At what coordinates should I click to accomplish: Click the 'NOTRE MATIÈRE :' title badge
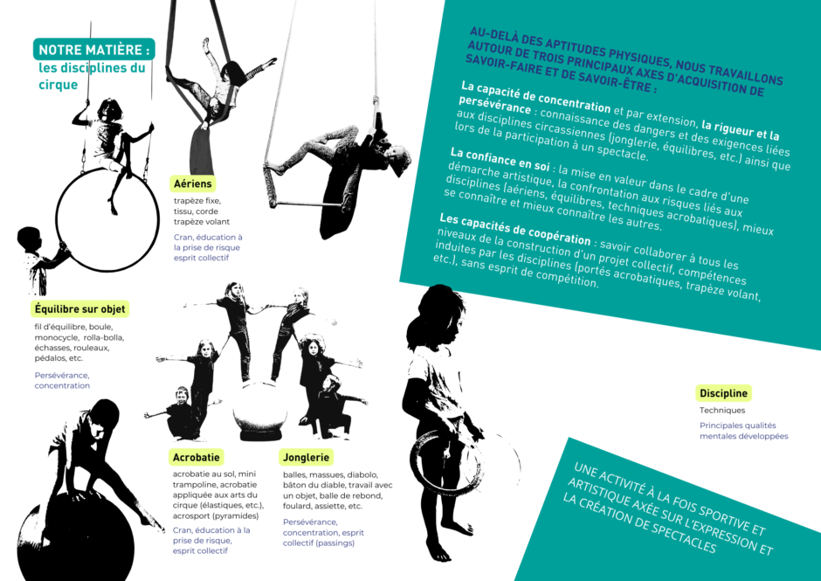tap(94, 49)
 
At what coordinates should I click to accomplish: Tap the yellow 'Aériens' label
tap(193, 183)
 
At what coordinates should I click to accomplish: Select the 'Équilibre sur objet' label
tap(79, 309)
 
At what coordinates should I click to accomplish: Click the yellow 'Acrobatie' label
tap(197, 457)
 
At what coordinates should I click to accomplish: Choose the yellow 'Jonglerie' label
tap(307, 457)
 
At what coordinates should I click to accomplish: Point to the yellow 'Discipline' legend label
tap(723, 393)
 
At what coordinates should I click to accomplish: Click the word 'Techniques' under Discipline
tap(722, 411)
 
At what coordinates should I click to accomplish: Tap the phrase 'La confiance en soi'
tap(500, 159)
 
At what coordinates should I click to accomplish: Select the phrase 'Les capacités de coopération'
tap(515, 229)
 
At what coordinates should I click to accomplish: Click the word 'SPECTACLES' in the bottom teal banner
tap(680, 535)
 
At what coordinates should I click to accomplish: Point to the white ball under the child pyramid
tap(260, 411)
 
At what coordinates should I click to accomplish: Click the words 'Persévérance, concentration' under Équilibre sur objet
tap(62, 380)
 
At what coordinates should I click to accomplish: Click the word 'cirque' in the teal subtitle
tap(59, 85)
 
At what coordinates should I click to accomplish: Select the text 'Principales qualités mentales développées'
tap(743, 431)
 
